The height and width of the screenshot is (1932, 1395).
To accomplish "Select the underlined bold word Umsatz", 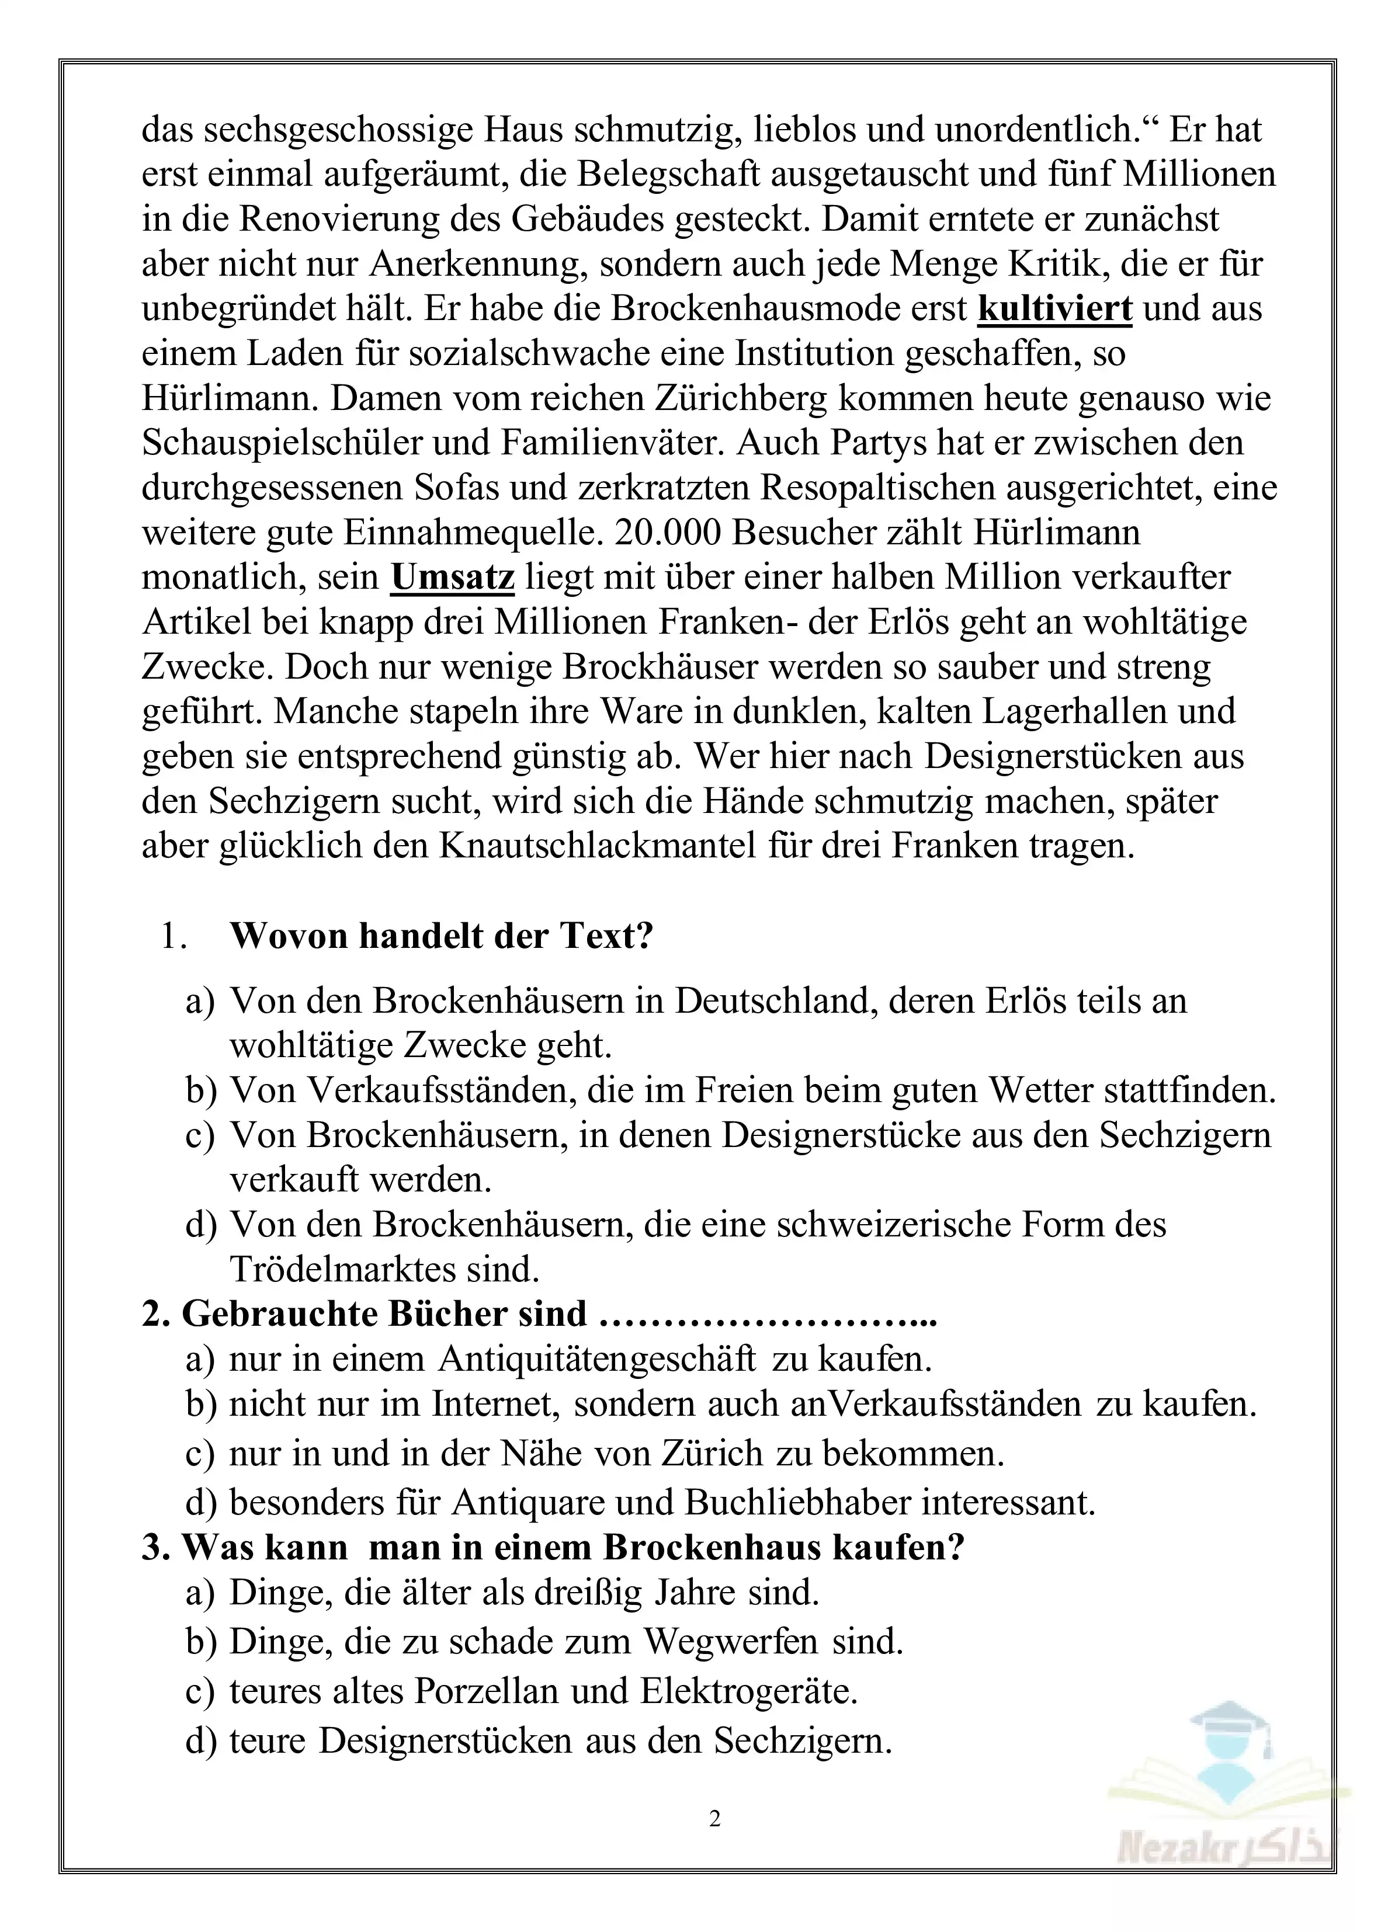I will click(x=453, y=576).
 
